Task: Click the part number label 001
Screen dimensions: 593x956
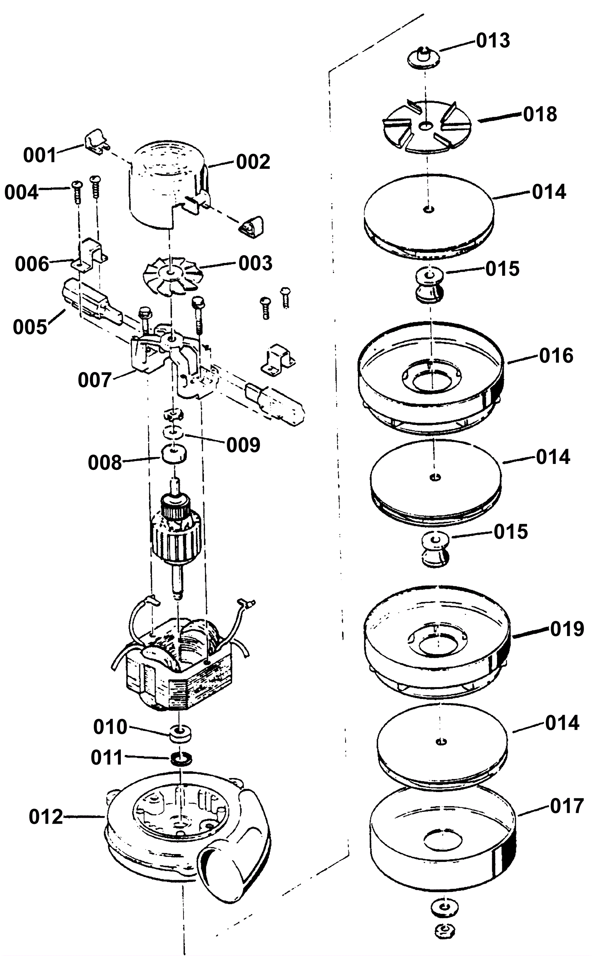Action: tap(40, 155)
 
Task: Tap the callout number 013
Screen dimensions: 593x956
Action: tap(493, 40)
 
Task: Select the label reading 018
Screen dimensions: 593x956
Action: tap(540, 114)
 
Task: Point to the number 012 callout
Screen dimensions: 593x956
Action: tap(46, 817)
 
